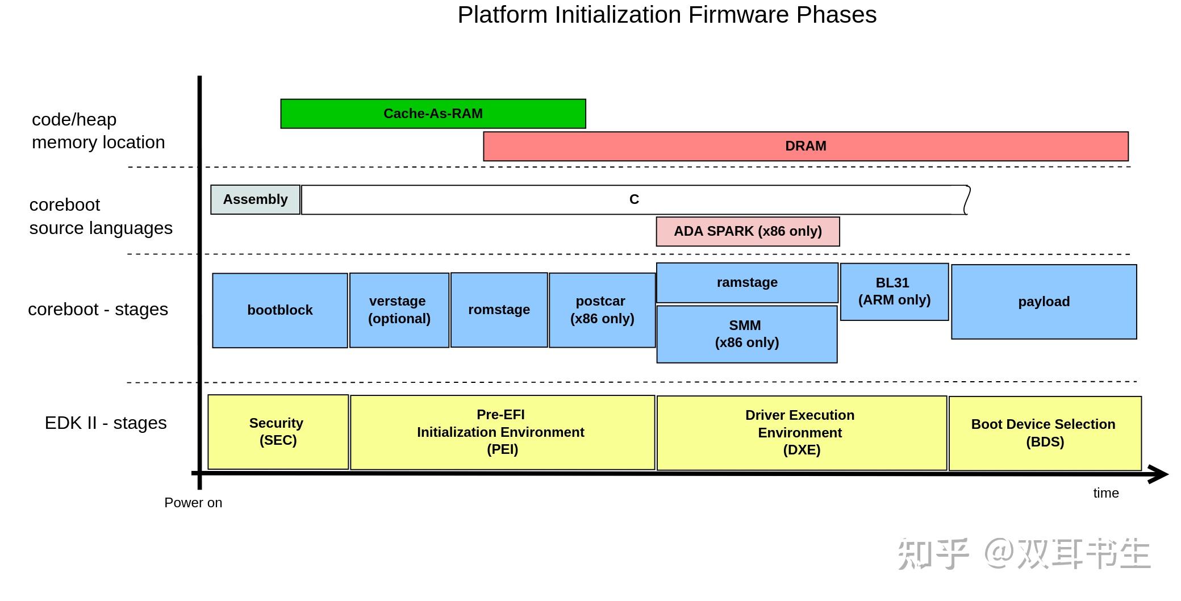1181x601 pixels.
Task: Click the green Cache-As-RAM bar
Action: tap(433, 114)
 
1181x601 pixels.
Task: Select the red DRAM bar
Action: tap(806, 146)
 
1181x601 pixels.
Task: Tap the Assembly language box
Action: tap(255, 199)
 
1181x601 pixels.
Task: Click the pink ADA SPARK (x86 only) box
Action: tap(748, 231)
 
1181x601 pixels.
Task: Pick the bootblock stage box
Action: tap(280, 310)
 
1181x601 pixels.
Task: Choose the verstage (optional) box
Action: tap(399, 310)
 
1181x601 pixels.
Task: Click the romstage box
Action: tap(499, 310)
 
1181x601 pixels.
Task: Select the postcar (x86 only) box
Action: tap(602, 310)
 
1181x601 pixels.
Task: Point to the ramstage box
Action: tap(747, 282)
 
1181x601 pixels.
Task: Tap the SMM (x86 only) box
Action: tap(747, 334)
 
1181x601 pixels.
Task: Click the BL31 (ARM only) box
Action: tap(894, 291)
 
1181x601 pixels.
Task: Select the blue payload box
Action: tap(1044, 302)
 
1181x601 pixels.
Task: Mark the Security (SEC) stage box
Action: tap(278, 432)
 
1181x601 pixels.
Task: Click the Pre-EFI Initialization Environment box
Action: tap(502, 432)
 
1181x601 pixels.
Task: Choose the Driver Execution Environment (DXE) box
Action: tap(802, 433)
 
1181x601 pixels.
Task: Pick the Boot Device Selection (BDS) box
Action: tap(1045, 433)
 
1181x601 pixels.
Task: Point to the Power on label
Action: tap(193, 503)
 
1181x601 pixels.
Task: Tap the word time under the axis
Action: tap(1105, 493)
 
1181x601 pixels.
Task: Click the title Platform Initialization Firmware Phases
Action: tap(667, 15)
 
